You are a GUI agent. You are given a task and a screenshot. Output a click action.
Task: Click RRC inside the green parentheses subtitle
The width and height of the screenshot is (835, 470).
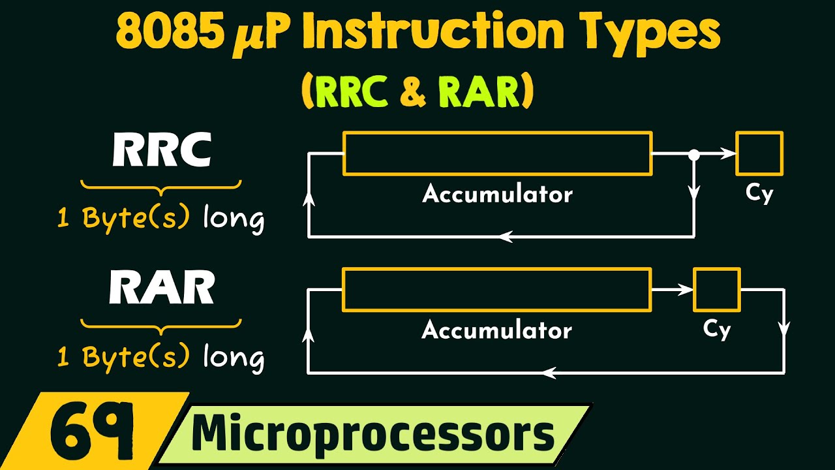point(350,93)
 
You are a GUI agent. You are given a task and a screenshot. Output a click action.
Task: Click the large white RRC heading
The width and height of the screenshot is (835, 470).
point(162,152)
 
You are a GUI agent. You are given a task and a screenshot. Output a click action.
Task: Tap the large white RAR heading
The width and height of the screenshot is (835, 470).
point(162,288)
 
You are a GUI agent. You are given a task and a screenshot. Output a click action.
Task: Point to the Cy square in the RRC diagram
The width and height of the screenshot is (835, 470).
point(759,153)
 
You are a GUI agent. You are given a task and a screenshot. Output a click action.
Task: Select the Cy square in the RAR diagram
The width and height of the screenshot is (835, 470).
point(716,289)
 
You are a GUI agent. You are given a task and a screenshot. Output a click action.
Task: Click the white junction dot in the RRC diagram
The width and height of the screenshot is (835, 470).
point(694,155)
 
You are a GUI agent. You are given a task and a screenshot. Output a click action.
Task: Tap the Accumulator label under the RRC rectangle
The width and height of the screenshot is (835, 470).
point(497,194)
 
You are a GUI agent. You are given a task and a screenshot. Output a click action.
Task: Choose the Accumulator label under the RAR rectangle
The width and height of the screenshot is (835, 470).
point(497,330)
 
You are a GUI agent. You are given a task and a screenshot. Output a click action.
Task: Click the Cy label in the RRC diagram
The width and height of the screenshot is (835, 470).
point(759,194)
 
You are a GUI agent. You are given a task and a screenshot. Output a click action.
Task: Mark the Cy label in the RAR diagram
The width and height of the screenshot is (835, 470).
point(716,330)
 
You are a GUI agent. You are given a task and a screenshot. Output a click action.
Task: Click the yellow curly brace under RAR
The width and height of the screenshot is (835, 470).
point(161,324)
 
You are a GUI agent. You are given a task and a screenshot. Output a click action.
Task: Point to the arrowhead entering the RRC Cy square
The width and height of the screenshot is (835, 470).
point(729,154)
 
